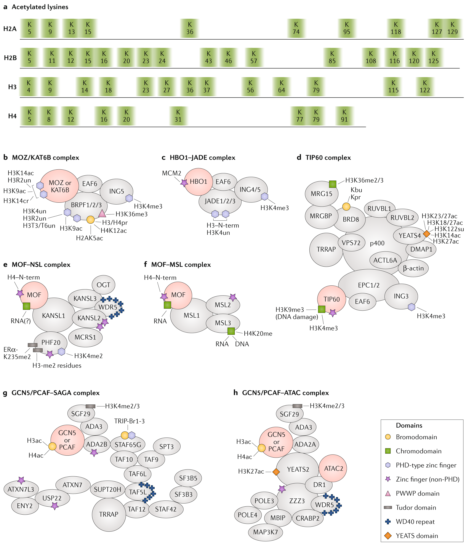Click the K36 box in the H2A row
tap(189, 28)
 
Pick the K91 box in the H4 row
tap(344, 116)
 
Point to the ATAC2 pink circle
tap(333, 468)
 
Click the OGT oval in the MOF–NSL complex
tap(103, 285)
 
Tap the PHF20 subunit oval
tap(51, 342)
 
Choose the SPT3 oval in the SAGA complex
tap(166, 447)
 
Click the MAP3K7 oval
tap(265, 532)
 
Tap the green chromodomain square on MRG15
tap(332, 184)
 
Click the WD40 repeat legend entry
tap(415, 522)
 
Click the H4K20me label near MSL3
tap(258, 334)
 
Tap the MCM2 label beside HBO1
tap(171, 173)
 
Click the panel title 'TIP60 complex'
tap(328, 157)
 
